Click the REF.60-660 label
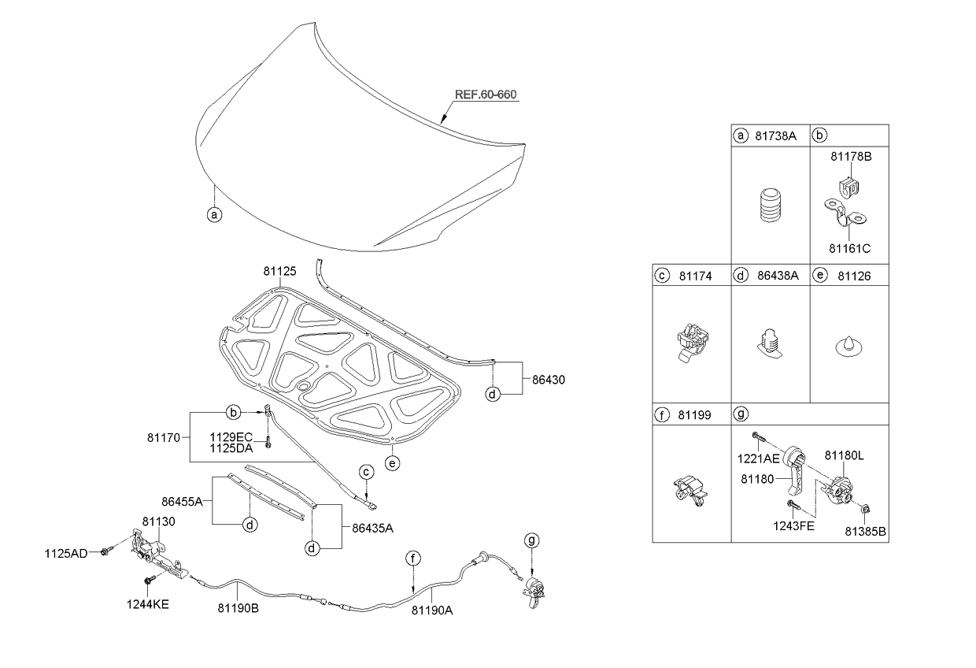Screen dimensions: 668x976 point(486,95)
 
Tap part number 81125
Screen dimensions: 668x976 point(279,272)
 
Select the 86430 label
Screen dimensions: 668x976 point(548,380)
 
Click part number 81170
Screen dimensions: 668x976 point(163,434)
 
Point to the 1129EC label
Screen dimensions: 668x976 point(231,436)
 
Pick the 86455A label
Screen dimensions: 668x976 point(182,500)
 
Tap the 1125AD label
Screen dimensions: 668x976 point(65,554)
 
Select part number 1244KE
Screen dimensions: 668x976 point(148,604)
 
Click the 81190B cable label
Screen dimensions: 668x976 point(238,608)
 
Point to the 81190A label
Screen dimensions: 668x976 point(431,609)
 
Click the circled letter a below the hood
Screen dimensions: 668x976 point(213,214)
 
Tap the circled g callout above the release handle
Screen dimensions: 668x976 point(533,540)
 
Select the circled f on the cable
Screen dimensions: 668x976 point(413,559)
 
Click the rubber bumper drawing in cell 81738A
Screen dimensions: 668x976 point(769,208)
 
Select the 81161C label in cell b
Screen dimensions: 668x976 point(849,248)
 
